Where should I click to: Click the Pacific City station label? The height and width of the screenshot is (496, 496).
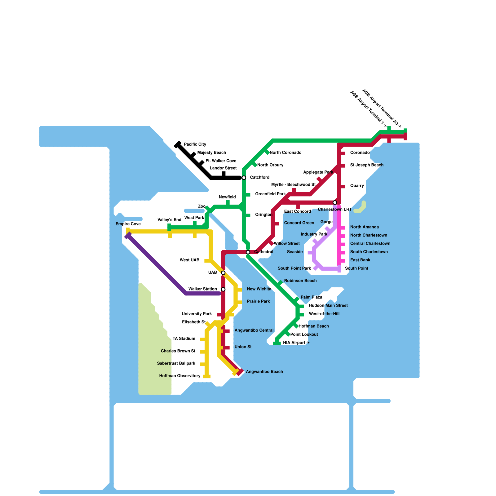195,144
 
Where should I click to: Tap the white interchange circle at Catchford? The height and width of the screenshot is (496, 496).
244,178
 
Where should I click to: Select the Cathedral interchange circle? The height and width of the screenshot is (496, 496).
248,252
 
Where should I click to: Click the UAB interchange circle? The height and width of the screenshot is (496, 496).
223,273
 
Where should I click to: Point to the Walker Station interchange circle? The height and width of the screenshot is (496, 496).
223,290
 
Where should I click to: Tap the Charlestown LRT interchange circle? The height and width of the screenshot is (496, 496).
335,203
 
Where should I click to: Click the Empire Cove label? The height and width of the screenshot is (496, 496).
128,224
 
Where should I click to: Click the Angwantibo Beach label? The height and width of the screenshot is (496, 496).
264,372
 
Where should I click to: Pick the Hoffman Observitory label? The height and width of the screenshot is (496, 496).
180,376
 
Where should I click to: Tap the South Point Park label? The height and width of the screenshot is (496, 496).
294,268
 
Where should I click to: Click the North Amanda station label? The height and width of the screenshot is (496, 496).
364,227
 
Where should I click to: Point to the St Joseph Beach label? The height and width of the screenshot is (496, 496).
367,165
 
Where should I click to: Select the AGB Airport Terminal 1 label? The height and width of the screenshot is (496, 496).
368,108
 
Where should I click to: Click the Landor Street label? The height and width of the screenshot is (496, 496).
223,168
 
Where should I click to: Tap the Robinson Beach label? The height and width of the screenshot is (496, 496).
300,281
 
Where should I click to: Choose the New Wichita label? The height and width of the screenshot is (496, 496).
259,289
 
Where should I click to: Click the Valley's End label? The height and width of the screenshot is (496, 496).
169,220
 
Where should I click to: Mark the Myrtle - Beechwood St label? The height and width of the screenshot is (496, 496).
293,185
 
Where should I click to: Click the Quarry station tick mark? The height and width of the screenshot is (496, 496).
343,187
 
